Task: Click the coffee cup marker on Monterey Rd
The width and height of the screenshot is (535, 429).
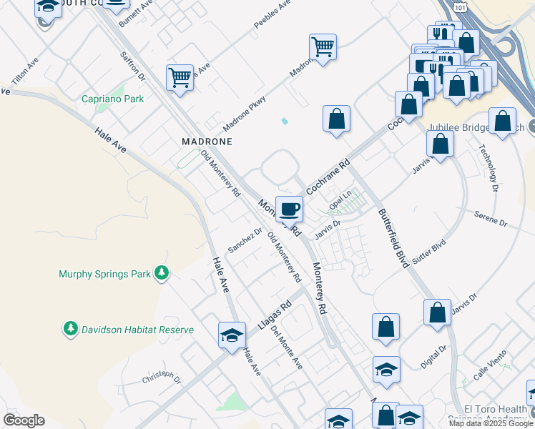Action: point(289,209)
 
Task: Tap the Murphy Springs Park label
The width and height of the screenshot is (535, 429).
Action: point(104,274)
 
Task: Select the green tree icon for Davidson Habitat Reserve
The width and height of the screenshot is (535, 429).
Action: point(71,329)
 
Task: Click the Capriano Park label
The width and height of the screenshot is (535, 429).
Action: point(113,99)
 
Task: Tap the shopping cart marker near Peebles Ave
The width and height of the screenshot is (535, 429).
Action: point(323,48)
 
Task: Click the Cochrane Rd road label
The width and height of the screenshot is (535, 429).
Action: point(328,178)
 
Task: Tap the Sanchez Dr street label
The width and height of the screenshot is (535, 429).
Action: point(245,240)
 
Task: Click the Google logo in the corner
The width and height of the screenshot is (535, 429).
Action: point(24,420)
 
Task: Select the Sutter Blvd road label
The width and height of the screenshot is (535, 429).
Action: point(429,250)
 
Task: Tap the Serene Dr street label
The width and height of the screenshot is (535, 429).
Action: point(491,223)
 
